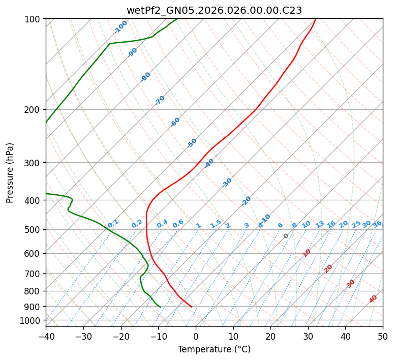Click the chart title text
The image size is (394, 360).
pyautogui.click(x=214, y=10)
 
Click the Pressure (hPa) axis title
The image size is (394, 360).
pyautogui.click(x=10, y=173)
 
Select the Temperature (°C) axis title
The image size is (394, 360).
pyautogui.click(x=214, y=350)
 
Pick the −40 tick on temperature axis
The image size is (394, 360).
pyautogui.click(x=46, y=336)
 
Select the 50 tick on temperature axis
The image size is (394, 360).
pyautogui.click(x=383, y=336)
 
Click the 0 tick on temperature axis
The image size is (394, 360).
pyautogui.click(x=196, y=336)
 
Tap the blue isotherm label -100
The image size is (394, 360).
pyautogui.click(x=121, y=26)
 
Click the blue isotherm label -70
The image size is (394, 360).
pyautogui.click(x=160, y=100)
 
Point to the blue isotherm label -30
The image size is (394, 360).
pyautogui.click(x=227, y=183)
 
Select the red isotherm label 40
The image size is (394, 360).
pyautogui.click(x=373, y=299)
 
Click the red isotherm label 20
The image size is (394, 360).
pyautogui.click(x=328, y=268)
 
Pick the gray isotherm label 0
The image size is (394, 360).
pyautogui.click(x=286, y=236)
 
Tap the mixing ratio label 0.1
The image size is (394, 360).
pyautogui.click(x=113, y=223)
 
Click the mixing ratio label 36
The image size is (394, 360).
pyautogui.click(x=377, y=224)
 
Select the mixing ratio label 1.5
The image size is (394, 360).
pyautogui.click(x=216, y=223)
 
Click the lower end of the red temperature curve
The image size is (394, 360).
pyautogui.click(x=192, y=307)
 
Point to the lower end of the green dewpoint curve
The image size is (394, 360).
pyautogui.click(x=161, y=307)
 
